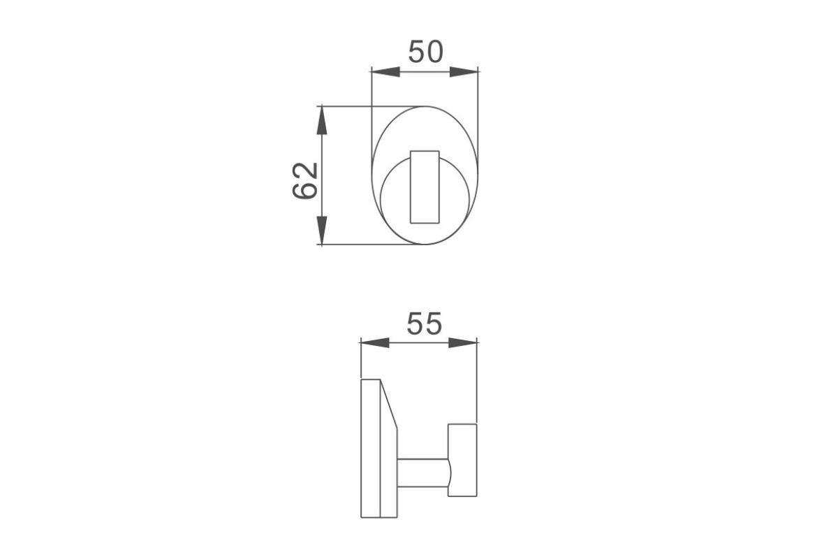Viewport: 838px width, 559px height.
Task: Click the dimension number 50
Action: [x=426, y=52]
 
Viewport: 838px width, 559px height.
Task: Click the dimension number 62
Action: [x=305, y=181]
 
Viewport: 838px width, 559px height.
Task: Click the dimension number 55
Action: [x=425, y=324]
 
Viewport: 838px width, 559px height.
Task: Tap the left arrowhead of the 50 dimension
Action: [x=385, y=71]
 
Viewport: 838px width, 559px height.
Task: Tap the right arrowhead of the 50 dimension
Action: [x=464, y=71]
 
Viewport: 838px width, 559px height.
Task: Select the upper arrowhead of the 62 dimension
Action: [x=322, y=121]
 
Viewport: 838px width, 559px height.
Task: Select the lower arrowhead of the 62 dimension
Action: [x=322, y=231]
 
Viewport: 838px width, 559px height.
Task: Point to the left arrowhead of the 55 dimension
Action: [x=375, y=342]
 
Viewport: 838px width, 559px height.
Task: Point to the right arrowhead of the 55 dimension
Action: [x=463, y=342]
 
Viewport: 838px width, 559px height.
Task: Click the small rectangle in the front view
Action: [x=425, y=187]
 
